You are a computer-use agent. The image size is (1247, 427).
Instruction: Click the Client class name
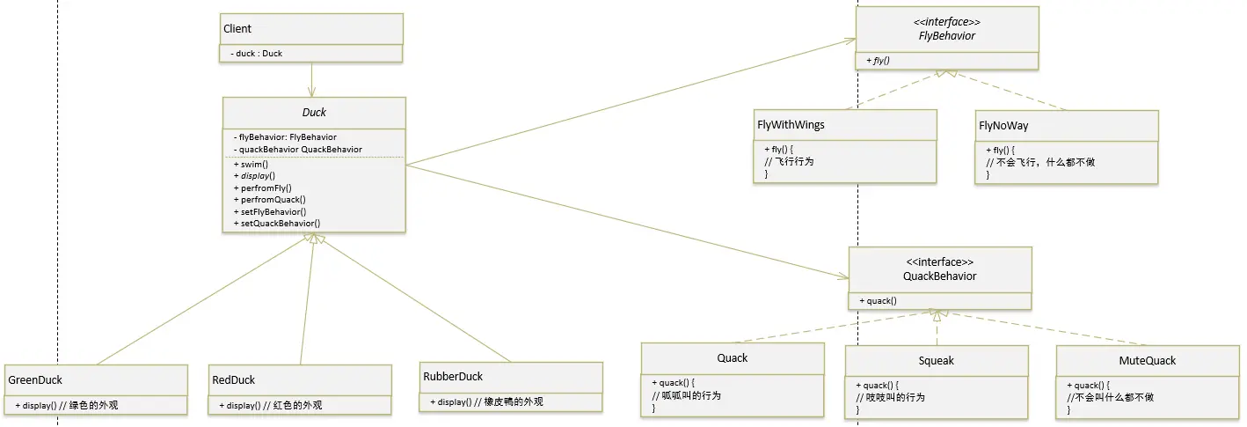(x=237, y=28)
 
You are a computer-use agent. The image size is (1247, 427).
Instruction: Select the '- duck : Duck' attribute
(x=257, y=54)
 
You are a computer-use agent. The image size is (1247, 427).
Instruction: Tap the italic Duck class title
(x=314, y=113)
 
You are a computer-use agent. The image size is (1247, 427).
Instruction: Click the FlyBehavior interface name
(x=947, y=36)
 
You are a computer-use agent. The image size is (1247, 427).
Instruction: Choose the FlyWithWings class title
(x=791, y=125)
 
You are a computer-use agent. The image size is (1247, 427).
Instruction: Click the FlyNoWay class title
(x=1003, y=126)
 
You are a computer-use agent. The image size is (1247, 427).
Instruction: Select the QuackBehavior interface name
(x=939, y=276)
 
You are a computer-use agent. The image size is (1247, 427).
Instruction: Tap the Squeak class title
(x=936, y=360)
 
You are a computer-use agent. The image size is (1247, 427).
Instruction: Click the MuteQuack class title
(x=1147, y=360)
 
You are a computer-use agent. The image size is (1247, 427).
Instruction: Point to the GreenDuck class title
(x=35, y=379)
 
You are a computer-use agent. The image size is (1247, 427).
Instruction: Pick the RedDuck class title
(x=233, y=379)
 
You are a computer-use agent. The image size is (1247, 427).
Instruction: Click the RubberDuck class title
(x=453, y=376)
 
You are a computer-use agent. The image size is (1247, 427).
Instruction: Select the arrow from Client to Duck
(x=311, y=80)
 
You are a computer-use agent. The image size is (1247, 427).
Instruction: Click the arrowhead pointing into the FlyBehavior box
(x=850, y=40)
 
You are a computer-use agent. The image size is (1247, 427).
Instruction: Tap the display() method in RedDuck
(x=270, y=405)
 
